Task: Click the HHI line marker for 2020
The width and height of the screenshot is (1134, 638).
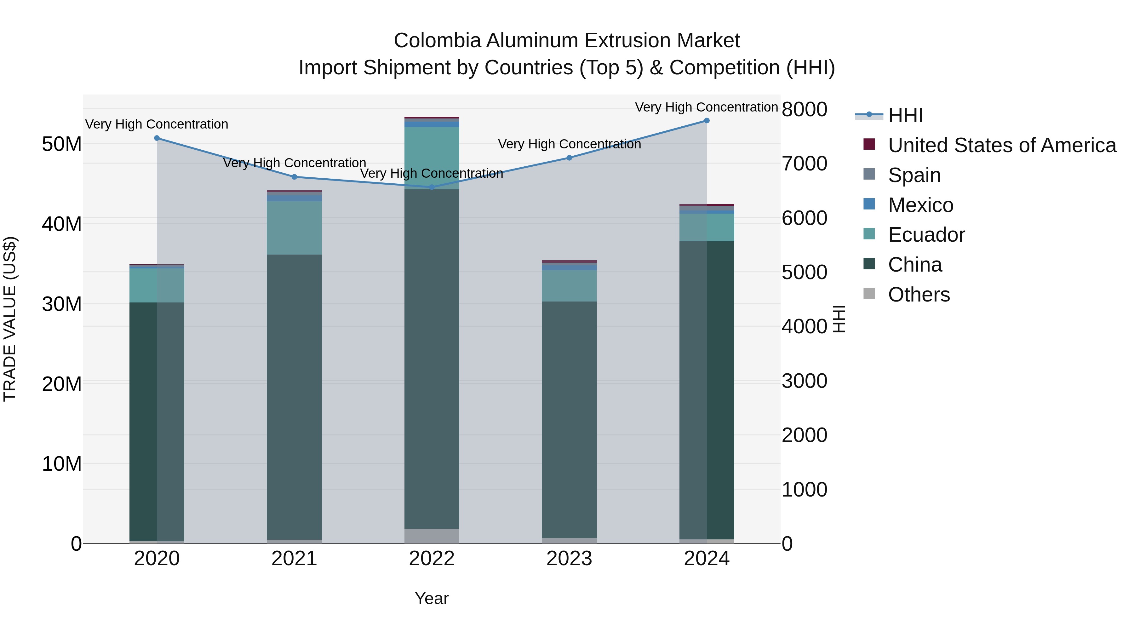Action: [157, 138]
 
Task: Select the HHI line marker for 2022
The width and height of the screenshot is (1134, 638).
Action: [432, 187]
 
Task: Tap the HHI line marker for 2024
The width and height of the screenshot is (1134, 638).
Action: [707, 121]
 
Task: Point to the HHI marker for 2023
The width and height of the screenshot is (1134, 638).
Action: [569, 158]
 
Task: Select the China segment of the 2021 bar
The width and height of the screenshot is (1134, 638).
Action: [294, 396]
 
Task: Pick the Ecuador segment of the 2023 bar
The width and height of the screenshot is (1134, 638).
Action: [569, 286]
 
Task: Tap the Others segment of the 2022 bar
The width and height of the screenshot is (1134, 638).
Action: [432, 536]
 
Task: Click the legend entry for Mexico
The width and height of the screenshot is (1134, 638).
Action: [920, 205]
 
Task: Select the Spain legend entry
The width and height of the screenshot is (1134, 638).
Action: [914, 175]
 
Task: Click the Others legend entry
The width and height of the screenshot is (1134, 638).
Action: [918, 295]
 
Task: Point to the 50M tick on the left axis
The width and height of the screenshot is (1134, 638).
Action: [62, 144]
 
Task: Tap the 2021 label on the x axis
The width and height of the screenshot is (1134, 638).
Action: [294, 559]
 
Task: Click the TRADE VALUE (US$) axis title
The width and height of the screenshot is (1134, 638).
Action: [10, 319]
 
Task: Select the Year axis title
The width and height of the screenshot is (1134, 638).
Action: [432, 598]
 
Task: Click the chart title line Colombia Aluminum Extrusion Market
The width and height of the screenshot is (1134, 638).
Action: [567, 41]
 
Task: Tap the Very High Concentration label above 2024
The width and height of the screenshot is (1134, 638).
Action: [706, 107]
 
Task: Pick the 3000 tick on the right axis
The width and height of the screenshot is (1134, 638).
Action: [804, 381]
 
